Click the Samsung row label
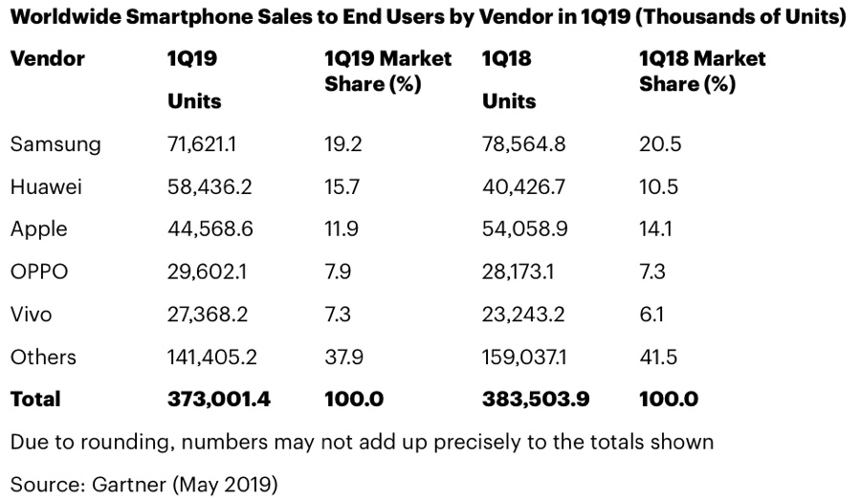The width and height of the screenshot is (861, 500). pos(55,144)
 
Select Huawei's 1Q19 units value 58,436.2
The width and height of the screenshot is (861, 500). pos(210,186)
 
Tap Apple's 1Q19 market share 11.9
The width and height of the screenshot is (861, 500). pos(342,228)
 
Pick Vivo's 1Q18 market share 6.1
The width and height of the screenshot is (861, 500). pos(651,314)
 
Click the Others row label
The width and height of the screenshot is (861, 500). pos(43,357)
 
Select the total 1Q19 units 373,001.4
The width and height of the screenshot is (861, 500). pos(219,399)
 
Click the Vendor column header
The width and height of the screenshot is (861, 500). pos(48,58)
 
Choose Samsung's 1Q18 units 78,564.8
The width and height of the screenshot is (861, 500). pos(524,144)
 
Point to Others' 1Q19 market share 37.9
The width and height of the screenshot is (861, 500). pos(342,357)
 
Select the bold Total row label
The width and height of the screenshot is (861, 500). pos(35,399)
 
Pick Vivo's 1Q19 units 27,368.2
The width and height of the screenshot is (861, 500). pos(210,314)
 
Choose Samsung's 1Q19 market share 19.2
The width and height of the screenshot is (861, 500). pos(342,144)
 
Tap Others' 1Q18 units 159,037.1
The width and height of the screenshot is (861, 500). pos(524,357)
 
